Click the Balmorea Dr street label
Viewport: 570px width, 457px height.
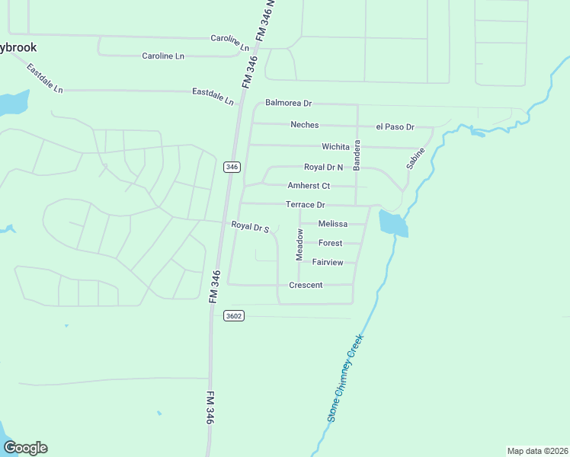click(289, 103)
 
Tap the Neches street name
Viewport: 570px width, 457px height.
click(305, 125)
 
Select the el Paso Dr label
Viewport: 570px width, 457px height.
click(395, 127)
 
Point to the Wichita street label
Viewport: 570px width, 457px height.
click(335, 146)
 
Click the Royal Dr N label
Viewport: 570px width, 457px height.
click(324, 167)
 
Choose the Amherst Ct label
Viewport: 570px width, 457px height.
click(309, 186)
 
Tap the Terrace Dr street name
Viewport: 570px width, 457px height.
click(305, 205)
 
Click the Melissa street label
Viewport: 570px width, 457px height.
click(333, 224)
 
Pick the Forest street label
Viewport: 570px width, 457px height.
click(331, 243)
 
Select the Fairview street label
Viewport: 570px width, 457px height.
click(328, 262)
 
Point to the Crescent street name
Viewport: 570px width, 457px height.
click(306, 285)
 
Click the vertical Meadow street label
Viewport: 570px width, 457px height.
click(300, 242)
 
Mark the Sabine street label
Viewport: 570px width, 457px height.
click(415, 158)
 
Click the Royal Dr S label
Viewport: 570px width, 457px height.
click(251, 226)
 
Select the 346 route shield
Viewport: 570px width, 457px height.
click(232, 167)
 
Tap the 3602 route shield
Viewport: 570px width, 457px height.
click(234, 315)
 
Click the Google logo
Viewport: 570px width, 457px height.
click(25, 448)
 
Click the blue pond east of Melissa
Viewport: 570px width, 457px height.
click(392, 224)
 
